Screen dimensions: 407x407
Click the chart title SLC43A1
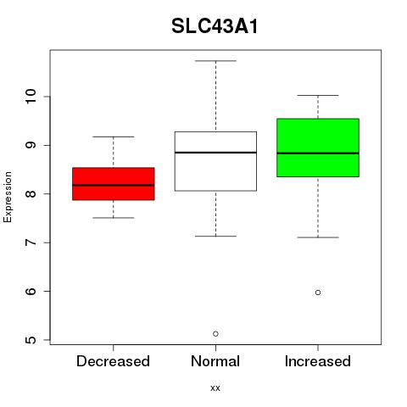pyautogui.click(x=215, y=26)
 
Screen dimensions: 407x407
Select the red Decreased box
pyautogui.click(x=114, y=184)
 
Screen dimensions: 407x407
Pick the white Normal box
pyautogui.click(x=215, y=161)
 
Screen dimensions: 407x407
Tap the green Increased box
pyautogui.click(x=318, y=148)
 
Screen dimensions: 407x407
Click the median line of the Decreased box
pyautogui.click(x=114, y=185)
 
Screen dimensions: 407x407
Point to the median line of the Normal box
pyautogui.click(x=215, y=153)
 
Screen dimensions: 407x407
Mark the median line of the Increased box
pyautogui.click(x=318, y=153)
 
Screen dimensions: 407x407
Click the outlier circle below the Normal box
pyautogui.click(x=215, y=334)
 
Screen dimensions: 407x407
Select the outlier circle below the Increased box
pyautogui.click(x=318, y=293)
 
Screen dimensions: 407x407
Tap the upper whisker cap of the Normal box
pyautogui.click(x=215, y=61)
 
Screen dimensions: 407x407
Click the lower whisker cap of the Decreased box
pyautogui.click(x=114, y=218)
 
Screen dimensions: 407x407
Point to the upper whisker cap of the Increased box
pyautogui.click(x=318, y=95)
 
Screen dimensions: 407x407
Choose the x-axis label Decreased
pyautogui.click(x=113, y=361)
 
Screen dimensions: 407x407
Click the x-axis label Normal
pyautogui.click(x=215, y=361)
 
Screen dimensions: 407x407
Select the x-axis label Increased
pyautogui.click(x=318, y=361)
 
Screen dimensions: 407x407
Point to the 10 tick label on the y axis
pyautogui.click(x=31, y=97)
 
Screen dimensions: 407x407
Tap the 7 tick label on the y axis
pyautogui.click(x=31, y=243)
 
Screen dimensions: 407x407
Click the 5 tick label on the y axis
pyautogui.click(x=31, y=340)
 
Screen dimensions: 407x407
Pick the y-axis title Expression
pyautogui.click(x=8, y=197)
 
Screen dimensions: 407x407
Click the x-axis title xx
pyautogui.click(x=215, y=388)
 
